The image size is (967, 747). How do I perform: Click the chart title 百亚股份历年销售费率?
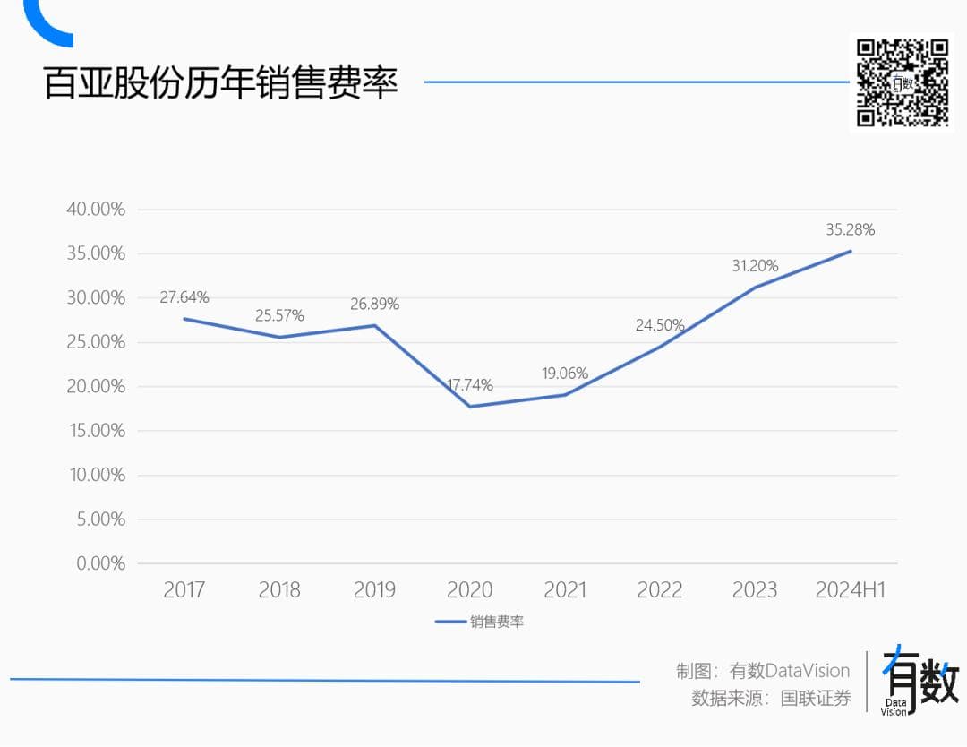[x=221, y=83]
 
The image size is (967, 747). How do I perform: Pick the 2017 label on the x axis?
[x=184, y=590]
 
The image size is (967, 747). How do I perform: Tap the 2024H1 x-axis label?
[x=850, y=590]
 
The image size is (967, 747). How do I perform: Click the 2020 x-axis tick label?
[x=469, y=590]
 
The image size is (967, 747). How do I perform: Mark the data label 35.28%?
[x=850, y=230]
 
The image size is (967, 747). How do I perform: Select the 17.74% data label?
[x=469, y=385]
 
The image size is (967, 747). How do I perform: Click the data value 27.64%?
[x=184, y=297]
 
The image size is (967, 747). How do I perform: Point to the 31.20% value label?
[x=754, y=266]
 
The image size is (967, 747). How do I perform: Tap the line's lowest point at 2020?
[x=469, y=407]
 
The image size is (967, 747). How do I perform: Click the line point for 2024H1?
[x=850, y=252]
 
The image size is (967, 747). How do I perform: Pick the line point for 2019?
[x=374, y=325]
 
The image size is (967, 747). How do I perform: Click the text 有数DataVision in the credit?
[x=790, y=671]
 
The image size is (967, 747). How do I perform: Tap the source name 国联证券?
[x=816, y=699]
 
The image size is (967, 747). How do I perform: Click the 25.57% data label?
[x=279, y=316]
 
